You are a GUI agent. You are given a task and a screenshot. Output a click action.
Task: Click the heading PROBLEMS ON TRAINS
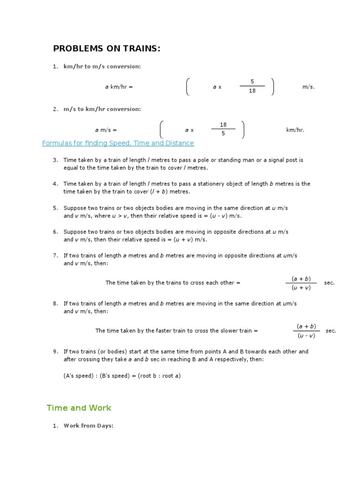(x=106, y=49)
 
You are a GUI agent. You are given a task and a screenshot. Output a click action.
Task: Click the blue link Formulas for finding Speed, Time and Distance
(x=118, y=143)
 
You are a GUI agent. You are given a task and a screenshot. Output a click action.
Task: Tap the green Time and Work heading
(x=79, y=408)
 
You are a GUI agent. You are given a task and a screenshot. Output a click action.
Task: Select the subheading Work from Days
(x=89, y=426)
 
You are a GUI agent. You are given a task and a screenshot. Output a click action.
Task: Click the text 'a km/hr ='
(x=119, y=87)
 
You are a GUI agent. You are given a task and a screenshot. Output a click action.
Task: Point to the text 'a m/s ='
(x=105, y=130)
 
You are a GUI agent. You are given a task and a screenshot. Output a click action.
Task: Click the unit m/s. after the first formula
(x=309, y=87)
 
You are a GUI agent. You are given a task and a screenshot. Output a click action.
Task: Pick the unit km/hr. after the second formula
(x=295, y=130)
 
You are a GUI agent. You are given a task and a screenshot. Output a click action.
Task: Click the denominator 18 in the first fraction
(x=252, y=91)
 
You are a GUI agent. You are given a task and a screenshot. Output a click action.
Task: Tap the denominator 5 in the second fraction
(x=223, y=134)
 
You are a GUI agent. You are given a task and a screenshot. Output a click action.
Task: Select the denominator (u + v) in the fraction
(x=301, y=287)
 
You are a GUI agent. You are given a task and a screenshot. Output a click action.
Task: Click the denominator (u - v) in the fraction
(x=306, y=335)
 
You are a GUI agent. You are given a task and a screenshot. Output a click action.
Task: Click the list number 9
(x=55, y=351)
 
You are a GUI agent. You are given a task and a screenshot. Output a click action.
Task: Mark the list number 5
(x=55, y=208)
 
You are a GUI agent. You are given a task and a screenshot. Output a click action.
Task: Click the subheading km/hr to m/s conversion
(x=102, y=67)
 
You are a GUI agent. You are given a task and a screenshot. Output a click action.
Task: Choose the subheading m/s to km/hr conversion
(x=102, y=109)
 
